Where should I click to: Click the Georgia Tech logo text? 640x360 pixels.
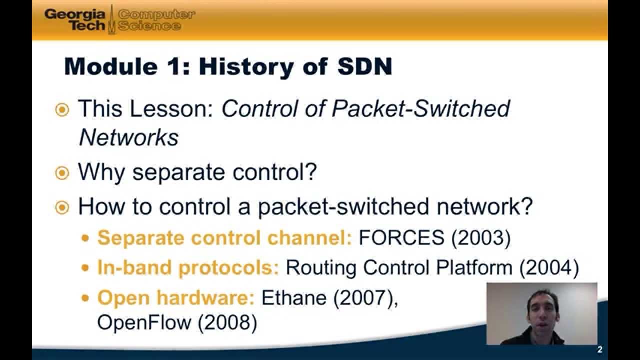[x=75, y=19]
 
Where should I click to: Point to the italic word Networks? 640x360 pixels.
[x=128, y=137]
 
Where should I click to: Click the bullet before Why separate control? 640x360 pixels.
[x=61, y=173]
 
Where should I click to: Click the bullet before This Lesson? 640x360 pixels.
[x=61, y=109]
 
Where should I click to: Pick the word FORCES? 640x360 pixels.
[x=401, y=238]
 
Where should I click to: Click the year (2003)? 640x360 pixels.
[x=481, y=238]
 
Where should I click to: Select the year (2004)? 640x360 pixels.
[x=549, y=268]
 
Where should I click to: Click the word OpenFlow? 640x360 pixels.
[x=144, y=322]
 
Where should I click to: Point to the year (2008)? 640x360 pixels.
[x=227, y=322]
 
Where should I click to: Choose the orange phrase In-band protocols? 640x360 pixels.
[x=188, y=268]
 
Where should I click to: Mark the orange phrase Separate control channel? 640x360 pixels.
[x=225, y=238]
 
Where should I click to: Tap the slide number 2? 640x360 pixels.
[x=600, y=349]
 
